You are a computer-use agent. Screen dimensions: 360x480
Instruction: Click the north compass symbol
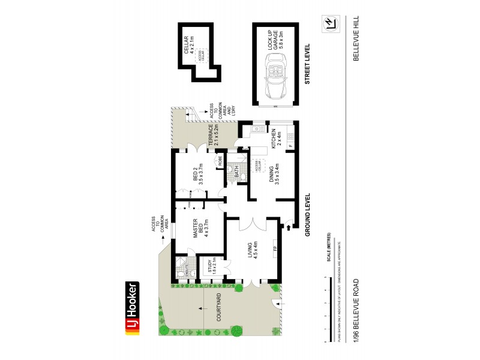[329, 23]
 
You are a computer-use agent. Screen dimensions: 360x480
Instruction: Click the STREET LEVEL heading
[308, 64]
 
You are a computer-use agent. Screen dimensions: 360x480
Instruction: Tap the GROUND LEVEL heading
[308, 215]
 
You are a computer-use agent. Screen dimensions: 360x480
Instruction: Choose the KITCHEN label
[275, 139]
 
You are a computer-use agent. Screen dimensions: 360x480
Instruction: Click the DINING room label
[275, 175]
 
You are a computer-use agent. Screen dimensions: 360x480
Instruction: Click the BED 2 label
[198, 173]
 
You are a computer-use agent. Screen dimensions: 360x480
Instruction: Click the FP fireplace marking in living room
[274, 248]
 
